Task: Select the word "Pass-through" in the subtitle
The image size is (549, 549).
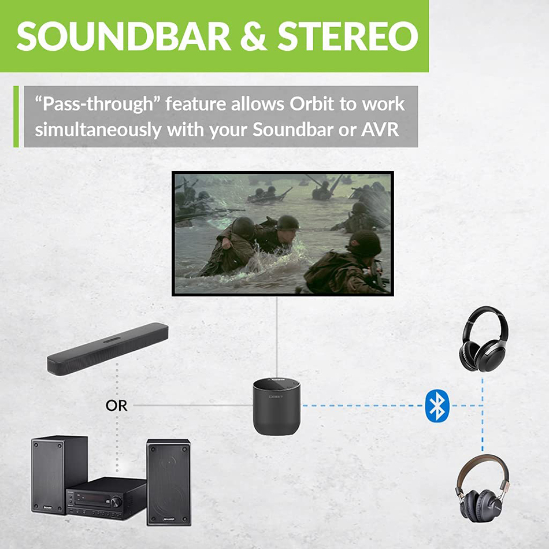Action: (x=96, y=105)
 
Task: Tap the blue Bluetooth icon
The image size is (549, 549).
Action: (x=437, y=405)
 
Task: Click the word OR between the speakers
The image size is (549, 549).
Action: (x=116, y=406)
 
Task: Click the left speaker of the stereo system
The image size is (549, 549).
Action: (x=59, y=474)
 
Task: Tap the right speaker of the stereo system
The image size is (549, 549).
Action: (x=168, y=481)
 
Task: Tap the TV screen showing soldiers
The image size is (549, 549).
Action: (x=283, y=233)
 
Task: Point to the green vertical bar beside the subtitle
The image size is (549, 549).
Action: (x=16, y=116)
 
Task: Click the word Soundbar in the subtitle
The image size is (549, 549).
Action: (x=301, y=129)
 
